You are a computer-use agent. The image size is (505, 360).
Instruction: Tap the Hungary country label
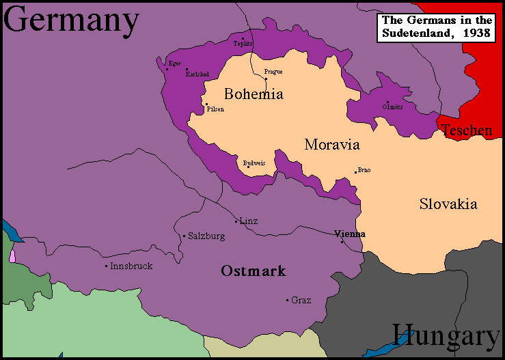[x=446, y=336]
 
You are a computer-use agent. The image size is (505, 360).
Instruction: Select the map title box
[x=435, y=27]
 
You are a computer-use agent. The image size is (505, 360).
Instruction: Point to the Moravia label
[x=332, y=145]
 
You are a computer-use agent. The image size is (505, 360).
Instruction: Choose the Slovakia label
[x=448, y=204]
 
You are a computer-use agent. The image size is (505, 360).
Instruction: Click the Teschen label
[x=467, y=130]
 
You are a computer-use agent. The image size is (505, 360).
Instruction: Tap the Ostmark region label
[x=253, y=271]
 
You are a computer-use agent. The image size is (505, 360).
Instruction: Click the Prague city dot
[x=267, y=79]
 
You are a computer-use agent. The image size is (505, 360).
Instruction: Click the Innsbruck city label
[x=131, y=266]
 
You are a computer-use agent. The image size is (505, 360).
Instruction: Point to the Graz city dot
[x=287, y=300]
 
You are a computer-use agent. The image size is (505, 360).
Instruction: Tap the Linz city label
[x=249, y=221]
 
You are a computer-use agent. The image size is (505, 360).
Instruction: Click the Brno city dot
[x=355, y=172]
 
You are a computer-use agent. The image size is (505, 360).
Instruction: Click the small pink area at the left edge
[x=12, y=257]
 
